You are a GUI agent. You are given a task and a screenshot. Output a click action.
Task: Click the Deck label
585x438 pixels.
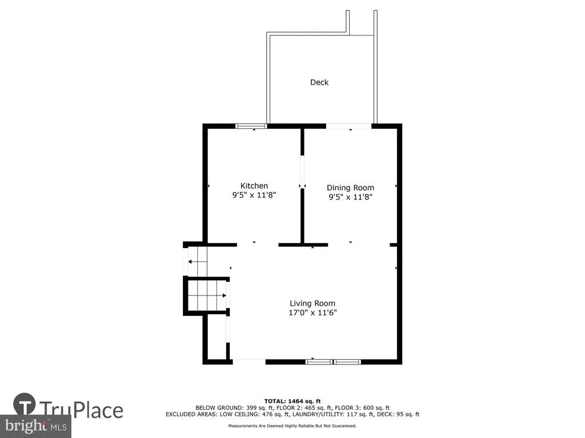pos(319,82)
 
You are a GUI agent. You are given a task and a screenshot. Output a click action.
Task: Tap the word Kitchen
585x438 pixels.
pos(254,185)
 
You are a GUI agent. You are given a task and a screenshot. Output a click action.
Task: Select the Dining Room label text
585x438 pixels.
pos(350,188)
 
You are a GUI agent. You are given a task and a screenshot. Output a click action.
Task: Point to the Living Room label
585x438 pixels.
pos(312,303)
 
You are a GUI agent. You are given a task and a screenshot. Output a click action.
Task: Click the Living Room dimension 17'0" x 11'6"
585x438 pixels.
pos(312,313)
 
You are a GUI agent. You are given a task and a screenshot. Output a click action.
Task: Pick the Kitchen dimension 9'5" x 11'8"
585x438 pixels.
pos(254,194)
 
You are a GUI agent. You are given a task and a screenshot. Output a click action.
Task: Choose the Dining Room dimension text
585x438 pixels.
pos(350,197)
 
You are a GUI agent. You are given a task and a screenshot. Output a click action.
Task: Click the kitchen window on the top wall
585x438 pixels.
pos(251,126)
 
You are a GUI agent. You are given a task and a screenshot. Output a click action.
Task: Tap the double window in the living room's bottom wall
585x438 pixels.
pos(333,362)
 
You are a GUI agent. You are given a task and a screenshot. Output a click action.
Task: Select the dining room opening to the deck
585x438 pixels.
pos(349,126)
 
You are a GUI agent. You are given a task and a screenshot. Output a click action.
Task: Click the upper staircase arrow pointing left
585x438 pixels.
pos(197,262)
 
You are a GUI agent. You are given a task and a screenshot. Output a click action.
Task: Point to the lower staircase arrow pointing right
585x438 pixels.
pos(207,296)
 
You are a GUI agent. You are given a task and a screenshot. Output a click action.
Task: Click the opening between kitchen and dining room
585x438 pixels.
pos(303,172)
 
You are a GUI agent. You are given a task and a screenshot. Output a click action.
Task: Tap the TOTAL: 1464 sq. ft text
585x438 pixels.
pos(292,401)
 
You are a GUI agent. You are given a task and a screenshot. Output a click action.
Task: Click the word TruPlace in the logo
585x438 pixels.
pos(81,409)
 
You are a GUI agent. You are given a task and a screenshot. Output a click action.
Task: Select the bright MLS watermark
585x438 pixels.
pos(36,425)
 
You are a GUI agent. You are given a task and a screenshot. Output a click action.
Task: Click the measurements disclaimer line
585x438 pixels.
pos(292,425)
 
